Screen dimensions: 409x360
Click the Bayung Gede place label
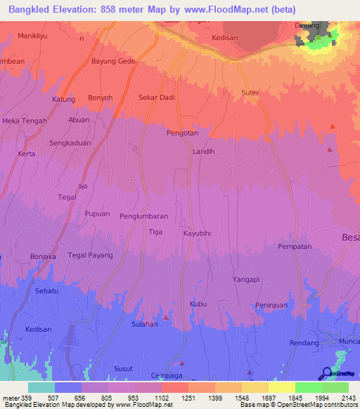(x=113, y=61)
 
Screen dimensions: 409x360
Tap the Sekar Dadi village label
(x=157, y=98)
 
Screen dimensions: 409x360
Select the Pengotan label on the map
(x=182, y=133)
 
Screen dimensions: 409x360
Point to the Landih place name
(x=202, y=151)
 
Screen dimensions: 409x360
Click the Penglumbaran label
(x=143, y=216)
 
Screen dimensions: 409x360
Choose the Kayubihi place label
(x=198, y=233)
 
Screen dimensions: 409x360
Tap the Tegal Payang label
(x=90, y=255)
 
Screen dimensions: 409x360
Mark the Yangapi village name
(x=247, y=279)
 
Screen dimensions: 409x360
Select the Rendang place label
(x=304, y=343)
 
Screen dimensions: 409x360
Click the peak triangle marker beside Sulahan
(x=166, y=318)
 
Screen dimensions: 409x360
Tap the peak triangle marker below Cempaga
(x=182, y=363)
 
